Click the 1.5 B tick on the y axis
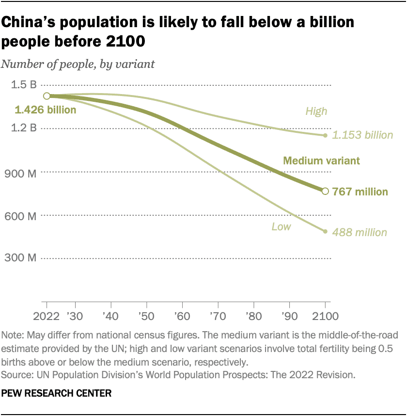click(x=24, y=85)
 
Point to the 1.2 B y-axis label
click(x=24, y=128)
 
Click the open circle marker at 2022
click(x=47, y=96)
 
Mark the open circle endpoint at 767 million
click(x=325, y=191)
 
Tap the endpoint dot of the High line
click(x=325, y=135)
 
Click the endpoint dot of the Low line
click(x=325, y=231)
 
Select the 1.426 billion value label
click(x=46, y=110)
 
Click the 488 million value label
click(x=360, y=233)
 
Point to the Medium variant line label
click(x=321, y=160)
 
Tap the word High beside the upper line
click(x=316, y=112)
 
